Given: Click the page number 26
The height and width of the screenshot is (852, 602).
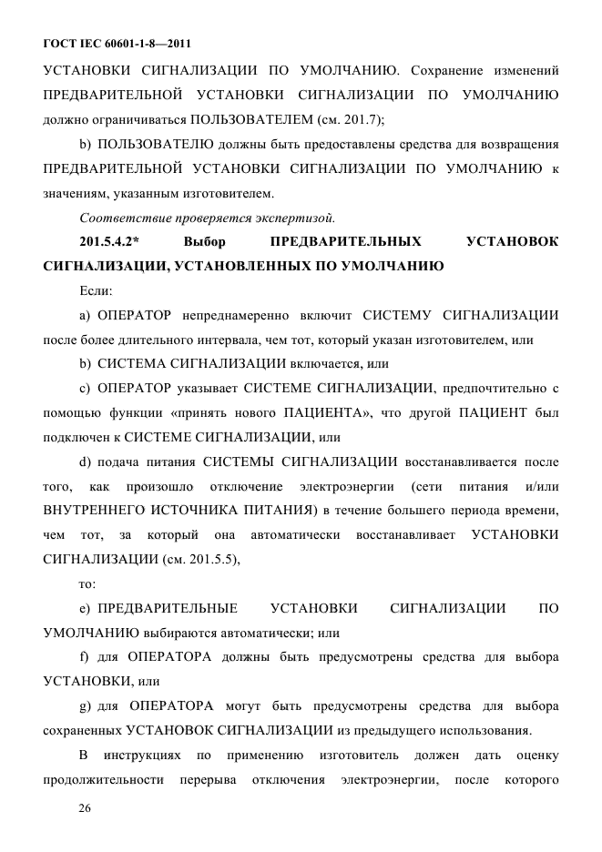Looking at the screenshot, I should click(x=87, y=807).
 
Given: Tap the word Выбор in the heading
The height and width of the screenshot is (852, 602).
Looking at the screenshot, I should click(x=204, y=242).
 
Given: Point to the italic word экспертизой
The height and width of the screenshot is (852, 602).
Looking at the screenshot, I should click(x=300, y=218).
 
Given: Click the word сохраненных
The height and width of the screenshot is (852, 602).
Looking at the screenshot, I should click(x=81, y=730).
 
